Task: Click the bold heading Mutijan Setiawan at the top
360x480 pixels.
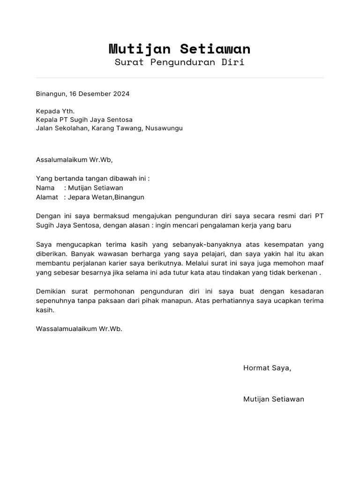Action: [x=180, y=49]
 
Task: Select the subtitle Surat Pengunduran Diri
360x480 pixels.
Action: [x=180, y=62]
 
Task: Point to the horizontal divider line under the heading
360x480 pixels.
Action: [x=180, y=78]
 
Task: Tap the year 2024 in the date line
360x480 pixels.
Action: [x=120, y=94]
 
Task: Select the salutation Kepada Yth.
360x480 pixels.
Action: [x=55, y=112]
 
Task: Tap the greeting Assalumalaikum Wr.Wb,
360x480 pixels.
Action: [x=75, y=159]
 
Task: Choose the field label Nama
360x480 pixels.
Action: [x=45, y=188]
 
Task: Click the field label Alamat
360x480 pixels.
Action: [x=47, y=197]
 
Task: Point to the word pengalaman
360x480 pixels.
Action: [x=221, y=225]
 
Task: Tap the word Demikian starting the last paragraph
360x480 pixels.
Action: [x=51, y=292]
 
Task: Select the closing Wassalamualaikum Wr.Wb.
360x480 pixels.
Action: [x=79, y=329]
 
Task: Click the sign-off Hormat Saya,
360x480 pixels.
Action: [x=267, y=368]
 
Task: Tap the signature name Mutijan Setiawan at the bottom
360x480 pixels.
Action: [x=274, y=399]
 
